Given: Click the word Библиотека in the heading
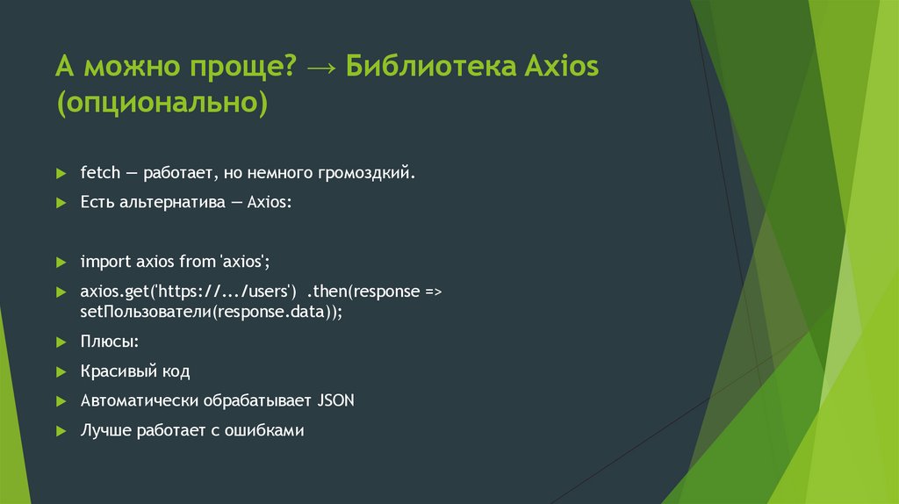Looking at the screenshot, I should point(431,67).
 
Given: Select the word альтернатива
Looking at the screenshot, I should point(171,201).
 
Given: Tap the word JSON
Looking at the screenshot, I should point(336,400).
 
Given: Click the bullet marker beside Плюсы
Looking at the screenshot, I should point(61,342).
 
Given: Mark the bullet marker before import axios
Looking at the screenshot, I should point(61,262).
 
